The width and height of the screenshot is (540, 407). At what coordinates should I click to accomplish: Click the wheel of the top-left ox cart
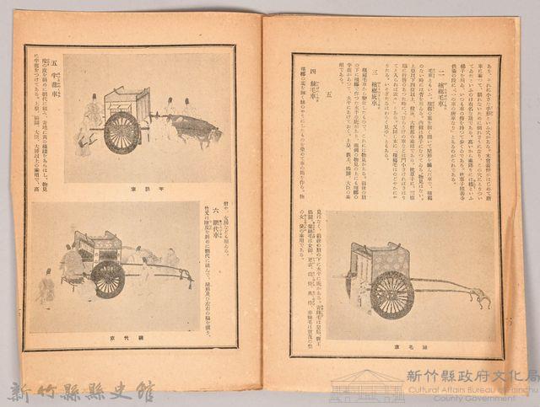(x=123, y=132)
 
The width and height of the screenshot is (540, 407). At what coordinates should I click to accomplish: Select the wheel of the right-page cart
(x=392, y=295)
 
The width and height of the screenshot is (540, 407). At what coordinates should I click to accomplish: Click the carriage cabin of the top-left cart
(x=127, y=102)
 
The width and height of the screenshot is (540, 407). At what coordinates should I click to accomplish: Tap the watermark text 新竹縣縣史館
(x=81, y=393)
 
